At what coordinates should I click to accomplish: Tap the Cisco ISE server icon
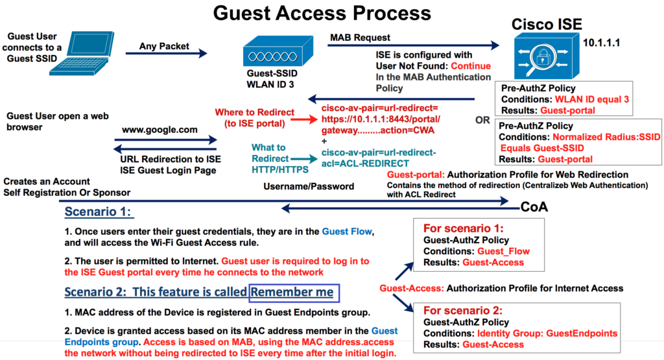540,56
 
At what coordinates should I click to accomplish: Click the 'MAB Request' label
361,38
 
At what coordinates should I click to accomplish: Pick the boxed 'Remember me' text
294,292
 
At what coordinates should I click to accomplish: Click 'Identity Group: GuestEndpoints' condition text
547,333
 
